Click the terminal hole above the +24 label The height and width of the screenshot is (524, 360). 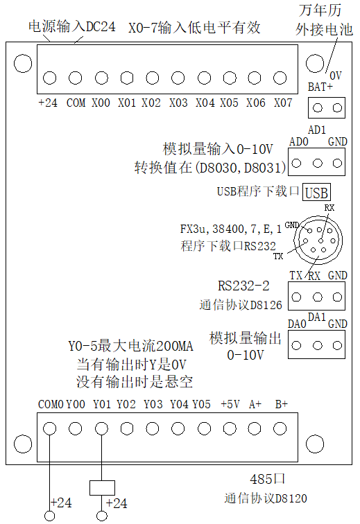pos(50,78)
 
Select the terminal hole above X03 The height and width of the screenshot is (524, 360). pos(178,78)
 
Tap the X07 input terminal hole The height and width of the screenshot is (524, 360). pos(280,78)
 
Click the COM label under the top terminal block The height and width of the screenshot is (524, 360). pos(76,103)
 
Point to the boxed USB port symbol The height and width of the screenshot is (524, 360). pos(316,192)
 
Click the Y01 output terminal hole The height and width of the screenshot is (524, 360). pos(101,428)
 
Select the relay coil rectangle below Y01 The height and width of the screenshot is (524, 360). pos(102,488)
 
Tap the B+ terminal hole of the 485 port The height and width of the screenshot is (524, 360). pos(280,428)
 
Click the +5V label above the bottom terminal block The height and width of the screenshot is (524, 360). pos(230,404)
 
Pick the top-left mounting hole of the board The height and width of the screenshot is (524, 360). pos(23,64)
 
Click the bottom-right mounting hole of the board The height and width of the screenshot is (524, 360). pos(315,444)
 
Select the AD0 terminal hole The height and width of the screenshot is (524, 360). pos(296,163)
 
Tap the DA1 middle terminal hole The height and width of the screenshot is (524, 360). pos(318,345)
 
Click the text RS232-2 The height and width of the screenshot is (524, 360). pos(243,286)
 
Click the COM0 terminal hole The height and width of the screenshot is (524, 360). pos(50,428)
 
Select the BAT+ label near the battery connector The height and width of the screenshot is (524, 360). pos(320,87)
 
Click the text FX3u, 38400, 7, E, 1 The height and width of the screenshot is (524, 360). pos(231,229)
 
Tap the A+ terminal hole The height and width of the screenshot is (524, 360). pos(255,428)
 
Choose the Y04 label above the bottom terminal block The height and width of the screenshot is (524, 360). pos(180,404)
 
